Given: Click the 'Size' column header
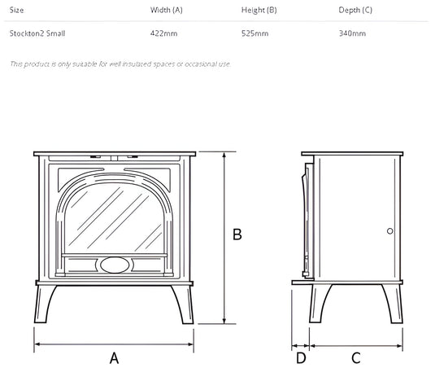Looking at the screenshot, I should point(16,11).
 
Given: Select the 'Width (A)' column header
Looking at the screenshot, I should point(167,11).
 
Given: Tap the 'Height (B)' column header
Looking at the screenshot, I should point(259,11).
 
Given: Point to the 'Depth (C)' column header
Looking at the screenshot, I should point(355,11).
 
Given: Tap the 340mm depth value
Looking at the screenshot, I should point(352,33).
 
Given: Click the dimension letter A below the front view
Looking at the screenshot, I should point(114,357).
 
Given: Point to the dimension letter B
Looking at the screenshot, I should point(237,235).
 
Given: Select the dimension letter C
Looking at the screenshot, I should point(355,357).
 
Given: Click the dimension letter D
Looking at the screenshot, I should point(301,357).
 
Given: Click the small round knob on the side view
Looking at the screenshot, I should point(390,231).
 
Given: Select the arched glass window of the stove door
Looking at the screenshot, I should point(113,216).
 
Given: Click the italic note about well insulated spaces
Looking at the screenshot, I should point(120,64).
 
